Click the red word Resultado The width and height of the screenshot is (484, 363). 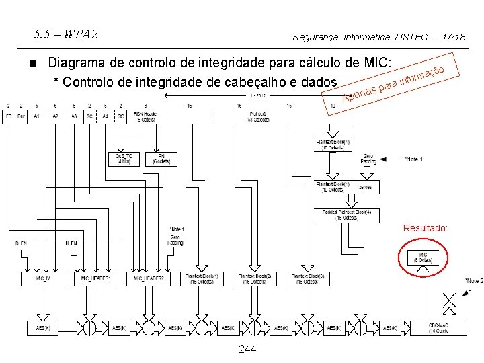click(x=425, y=229)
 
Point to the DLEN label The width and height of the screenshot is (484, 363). click(x=21, y=243)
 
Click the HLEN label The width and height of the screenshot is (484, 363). click(x=71, y=243)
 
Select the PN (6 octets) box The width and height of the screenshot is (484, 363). click(x=161, y=159)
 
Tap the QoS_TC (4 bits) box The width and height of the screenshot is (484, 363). click(x=124, y=159)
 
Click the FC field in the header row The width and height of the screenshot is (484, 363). click(x=9, y=116)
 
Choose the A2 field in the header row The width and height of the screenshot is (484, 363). click(x=56, y=116)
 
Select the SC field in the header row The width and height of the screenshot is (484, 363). click(x=89, y=116)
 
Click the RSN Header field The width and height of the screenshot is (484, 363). click(x=147, y=116)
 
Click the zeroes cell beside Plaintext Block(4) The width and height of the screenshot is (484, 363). click(x=365, y=187)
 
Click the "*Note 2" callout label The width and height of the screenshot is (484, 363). click(x=473, y=280)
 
